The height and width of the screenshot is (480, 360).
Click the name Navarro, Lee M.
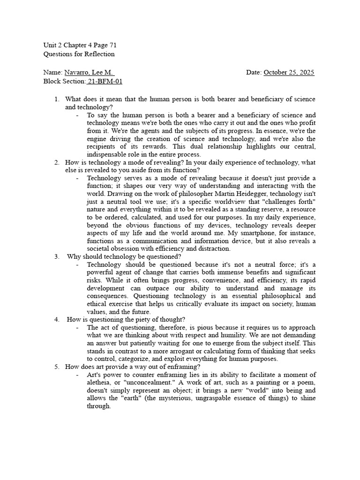pyautogui.click(x=89, y=73)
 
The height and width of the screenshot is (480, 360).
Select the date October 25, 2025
pyautogui.click(x=289, y=73)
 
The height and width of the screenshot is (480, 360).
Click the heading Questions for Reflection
pyautogui.click(x=79, y=54)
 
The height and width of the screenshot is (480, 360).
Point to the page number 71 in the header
pyautogui.click(x=112, y=45)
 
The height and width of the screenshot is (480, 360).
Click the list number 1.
pyautogui.click(x=56, y=99)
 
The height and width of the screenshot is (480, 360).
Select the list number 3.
pyautogui.click(x=56, y=256)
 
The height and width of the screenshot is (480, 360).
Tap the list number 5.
pyautogui.click(x=56, y=367)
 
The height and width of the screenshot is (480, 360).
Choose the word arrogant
pyautogui.click(x=188, y=351)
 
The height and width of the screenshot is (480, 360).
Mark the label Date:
pyautogui.click(x=254, y=73)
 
